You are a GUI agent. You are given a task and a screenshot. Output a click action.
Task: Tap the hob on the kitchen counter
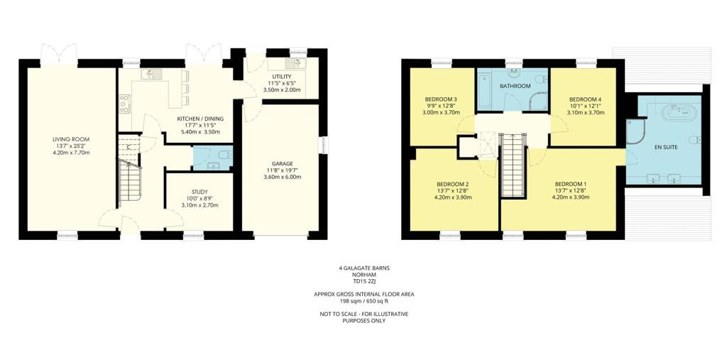124,104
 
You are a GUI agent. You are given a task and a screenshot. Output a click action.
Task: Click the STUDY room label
199,191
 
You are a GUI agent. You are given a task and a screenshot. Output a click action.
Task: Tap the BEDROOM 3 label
440,99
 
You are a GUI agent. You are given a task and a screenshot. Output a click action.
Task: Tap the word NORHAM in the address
363,275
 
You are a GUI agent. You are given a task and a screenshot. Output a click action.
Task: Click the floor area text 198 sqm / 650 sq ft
363,300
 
